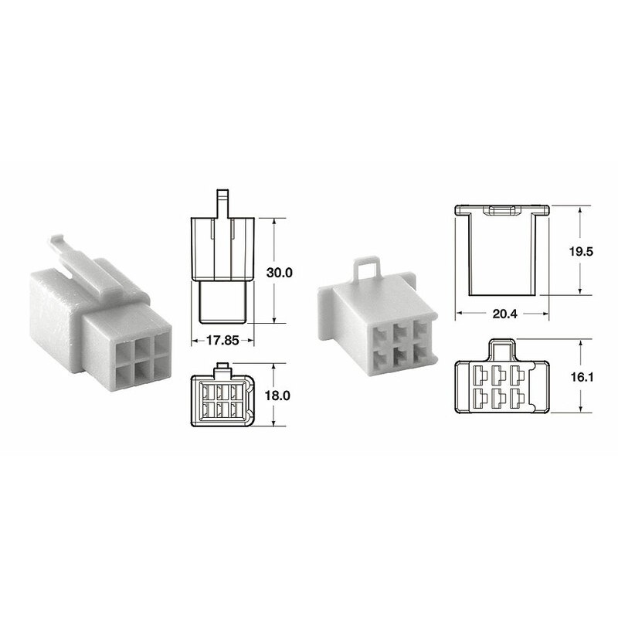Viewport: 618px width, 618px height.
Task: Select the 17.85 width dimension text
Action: coord(220,338)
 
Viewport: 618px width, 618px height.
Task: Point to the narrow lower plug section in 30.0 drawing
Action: coord(222,301)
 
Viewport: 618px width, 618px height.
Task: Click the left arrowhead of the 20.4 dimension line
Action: coord(459,314)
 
